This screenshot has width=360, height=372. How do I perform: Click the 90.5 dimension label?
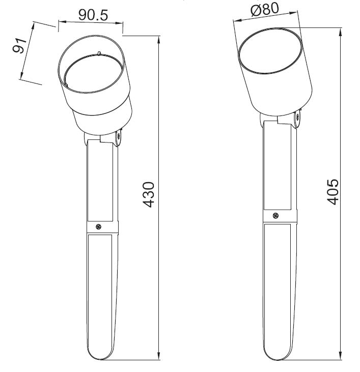pyautogui.click(x=93, y=15)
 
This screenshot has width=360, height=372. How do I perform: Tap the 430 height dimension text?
pyautogui.click(x=149, y=194)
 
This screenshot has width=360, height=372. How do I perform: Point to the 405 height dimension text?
pyautogui.click(x=333, y=192)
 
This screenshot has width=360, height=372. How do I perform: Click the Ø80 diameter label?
pyautogui.click(x=264, y=10)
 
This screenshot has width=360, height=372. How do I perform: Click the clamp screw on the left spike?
pyautogui.click(x=99, y=227)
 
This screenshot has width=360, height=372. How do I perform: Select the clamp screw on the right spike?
pyautogui.click(x=275, y=216)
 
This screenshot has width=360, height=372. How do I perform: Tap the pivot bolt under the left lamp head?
pyautogui.click(x=119, y=137)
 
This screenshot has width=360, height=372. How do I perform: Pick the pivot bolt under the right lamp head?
pyautogui.click(x=297, y=117)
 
